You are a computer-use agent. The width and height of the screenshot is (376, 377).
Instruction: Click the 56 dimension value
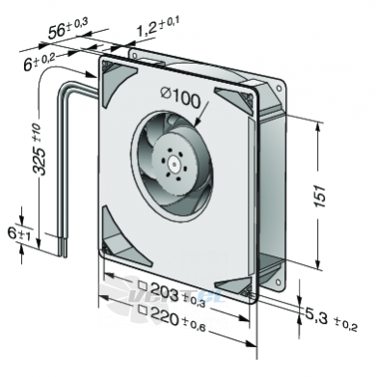click(57, 32)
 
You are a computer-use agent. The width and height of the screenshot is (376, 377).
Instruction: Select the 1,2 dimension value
click(147, 29)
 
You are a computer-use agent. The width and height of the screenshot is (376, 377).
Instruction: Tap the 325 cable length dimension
click(40, 160)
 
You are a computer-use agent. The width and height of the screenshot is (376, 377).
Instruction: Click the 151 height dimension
click(320, 196)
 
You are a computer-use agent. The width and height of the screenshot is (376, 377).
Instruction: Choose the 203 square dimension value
click(164, 291)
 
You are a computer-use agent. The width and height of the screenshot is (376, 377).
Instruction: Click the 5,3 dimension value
click(316, 316)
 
